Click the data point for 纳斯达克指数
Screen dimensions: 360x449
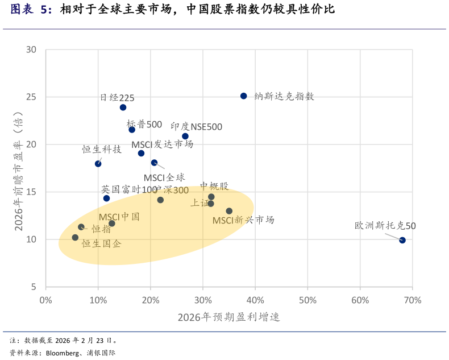point(243,96)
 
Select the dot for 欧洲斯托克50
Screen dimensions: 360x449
point(402,240)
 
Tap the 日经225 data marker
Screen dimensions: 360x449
point(123,107)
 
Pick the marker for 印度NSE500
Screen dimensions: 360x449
point(185,136)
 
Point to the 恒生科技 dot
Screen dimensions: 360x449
point(98,164)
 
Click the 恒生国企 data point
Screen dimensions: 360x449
point(75,237)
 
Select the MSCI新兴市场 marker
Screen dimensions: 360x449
point(229,211)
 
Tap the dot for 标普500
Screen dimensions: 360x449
point(132,130)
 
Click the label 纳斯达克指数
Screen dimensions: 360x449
point(284,96)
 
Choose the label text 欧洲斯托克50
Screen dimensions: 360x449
point(385,226)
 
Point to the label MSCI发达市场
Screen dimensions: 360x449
point(162,144)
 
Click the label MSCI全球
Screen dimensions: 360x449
point(164,177)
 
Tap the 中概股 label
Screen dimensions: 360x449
point(214,187)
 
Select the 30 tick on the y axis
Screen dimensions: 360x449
point(31,49)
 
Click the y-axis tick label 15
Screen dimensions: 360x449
point(31,192)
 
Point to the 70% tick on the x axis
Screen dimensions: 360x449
point(413,300)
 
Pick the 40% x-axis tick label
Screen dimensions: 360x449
point(255,300)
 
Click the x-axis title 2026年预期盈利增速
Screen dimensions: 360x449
point(228,317)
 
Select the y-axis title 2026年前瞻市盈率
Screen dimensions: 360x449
point(18,171)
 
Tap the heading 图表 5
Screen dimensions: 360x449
point(31,9)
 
